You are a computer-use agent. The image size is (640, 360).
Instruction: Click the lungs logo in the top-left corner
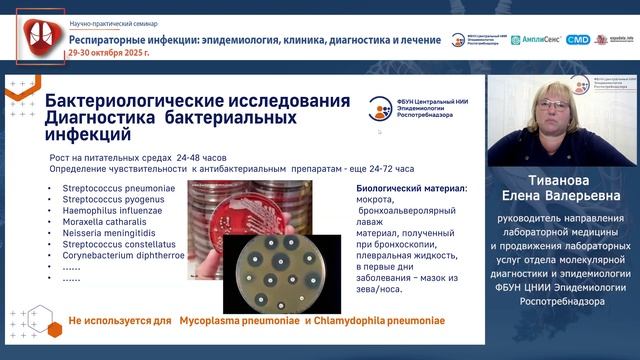coord(37,37)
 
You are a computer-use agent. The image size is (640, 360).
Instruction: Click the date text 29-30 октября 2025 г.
coord(105,52)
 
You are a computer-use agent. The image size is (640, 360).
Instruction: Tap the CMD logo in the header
coord(578,40)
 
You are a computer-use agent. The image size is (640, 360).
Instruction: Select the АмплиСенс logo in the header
coord(536,40)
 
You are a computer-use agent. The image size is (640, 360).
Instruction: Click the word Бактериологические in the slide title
coord(139,102)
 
